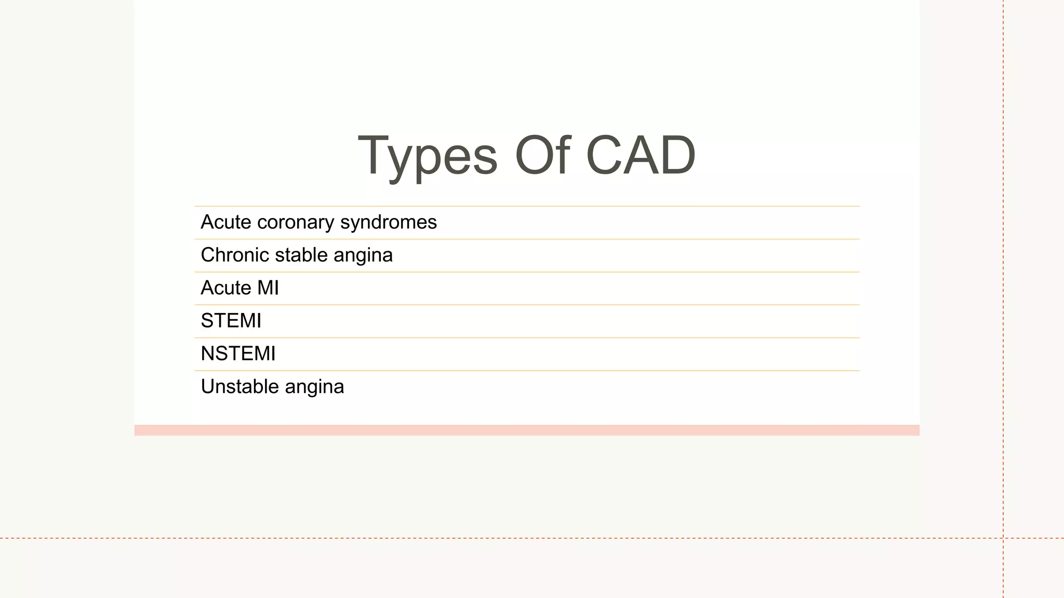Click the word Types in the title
427,156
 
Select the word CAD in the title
640,155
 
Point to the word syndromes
388,223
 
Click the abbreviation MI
268,288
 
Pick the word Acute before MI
226,288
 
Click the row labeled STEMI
231,321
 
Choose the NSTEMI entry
238,354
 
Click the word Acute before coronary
226,222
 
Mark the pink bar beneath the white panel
526,430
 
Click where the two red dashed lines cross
1003,538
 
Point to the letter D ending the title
677,155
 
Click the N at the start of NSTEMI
208,354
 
